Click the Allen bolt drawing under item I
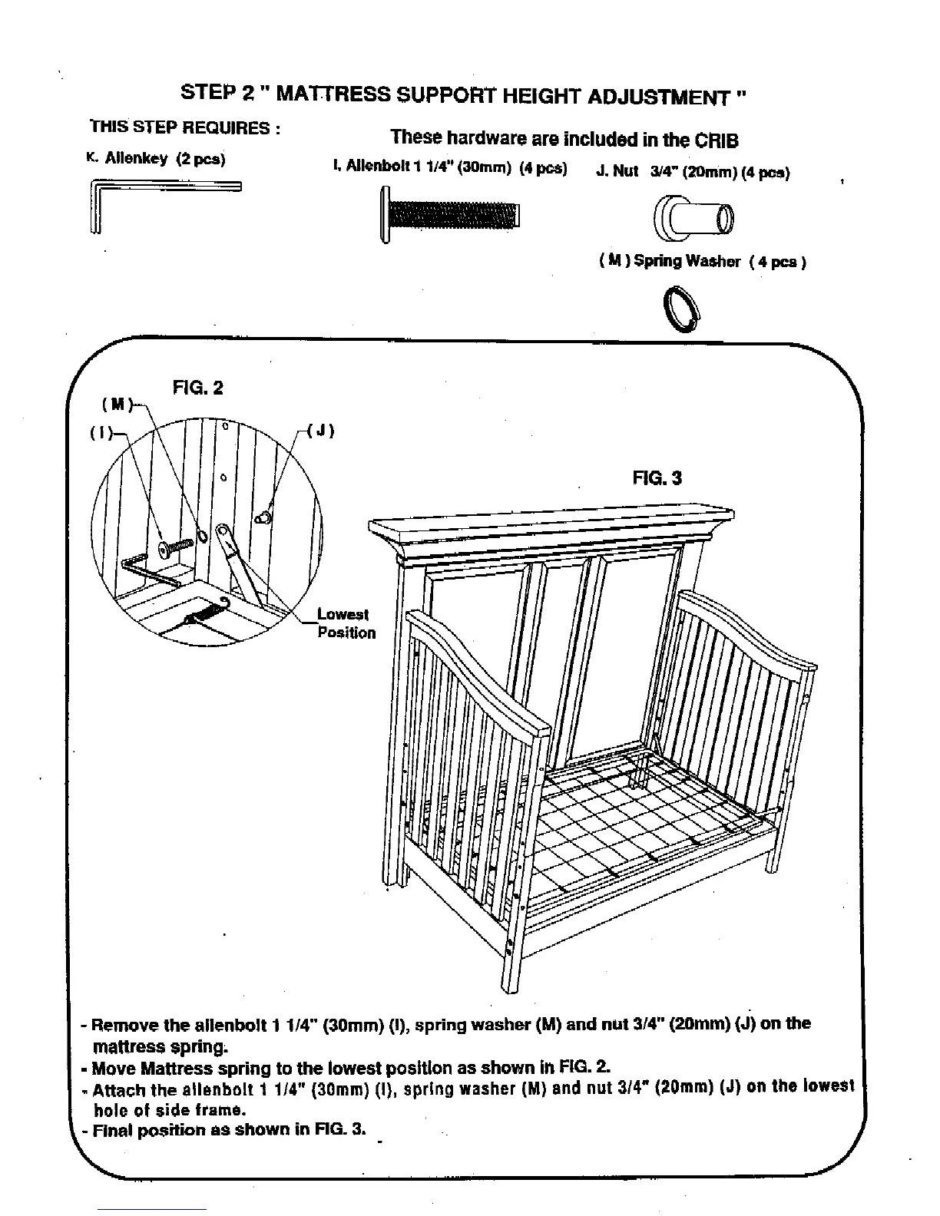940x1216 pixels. pyautogui.click(x=451, y=214)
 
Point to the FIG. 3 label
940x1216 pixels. pyautogui.click(x=657, y=478)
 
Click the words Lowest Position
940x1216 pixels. pyautogui.click(x=346, y=624)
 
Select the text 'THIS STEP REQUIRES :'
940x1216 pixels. pyautogui.click(x=184, y=127)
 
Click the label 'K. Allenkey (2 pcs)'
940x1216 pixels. pyautogui.click(x=155, y=160)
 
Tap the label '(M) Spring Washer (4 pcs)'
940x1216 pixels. pyautogui.click(x=701, y=262)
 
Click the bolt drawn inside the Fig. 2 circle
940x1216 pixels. pyautogui.click(x=175, y=547)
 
